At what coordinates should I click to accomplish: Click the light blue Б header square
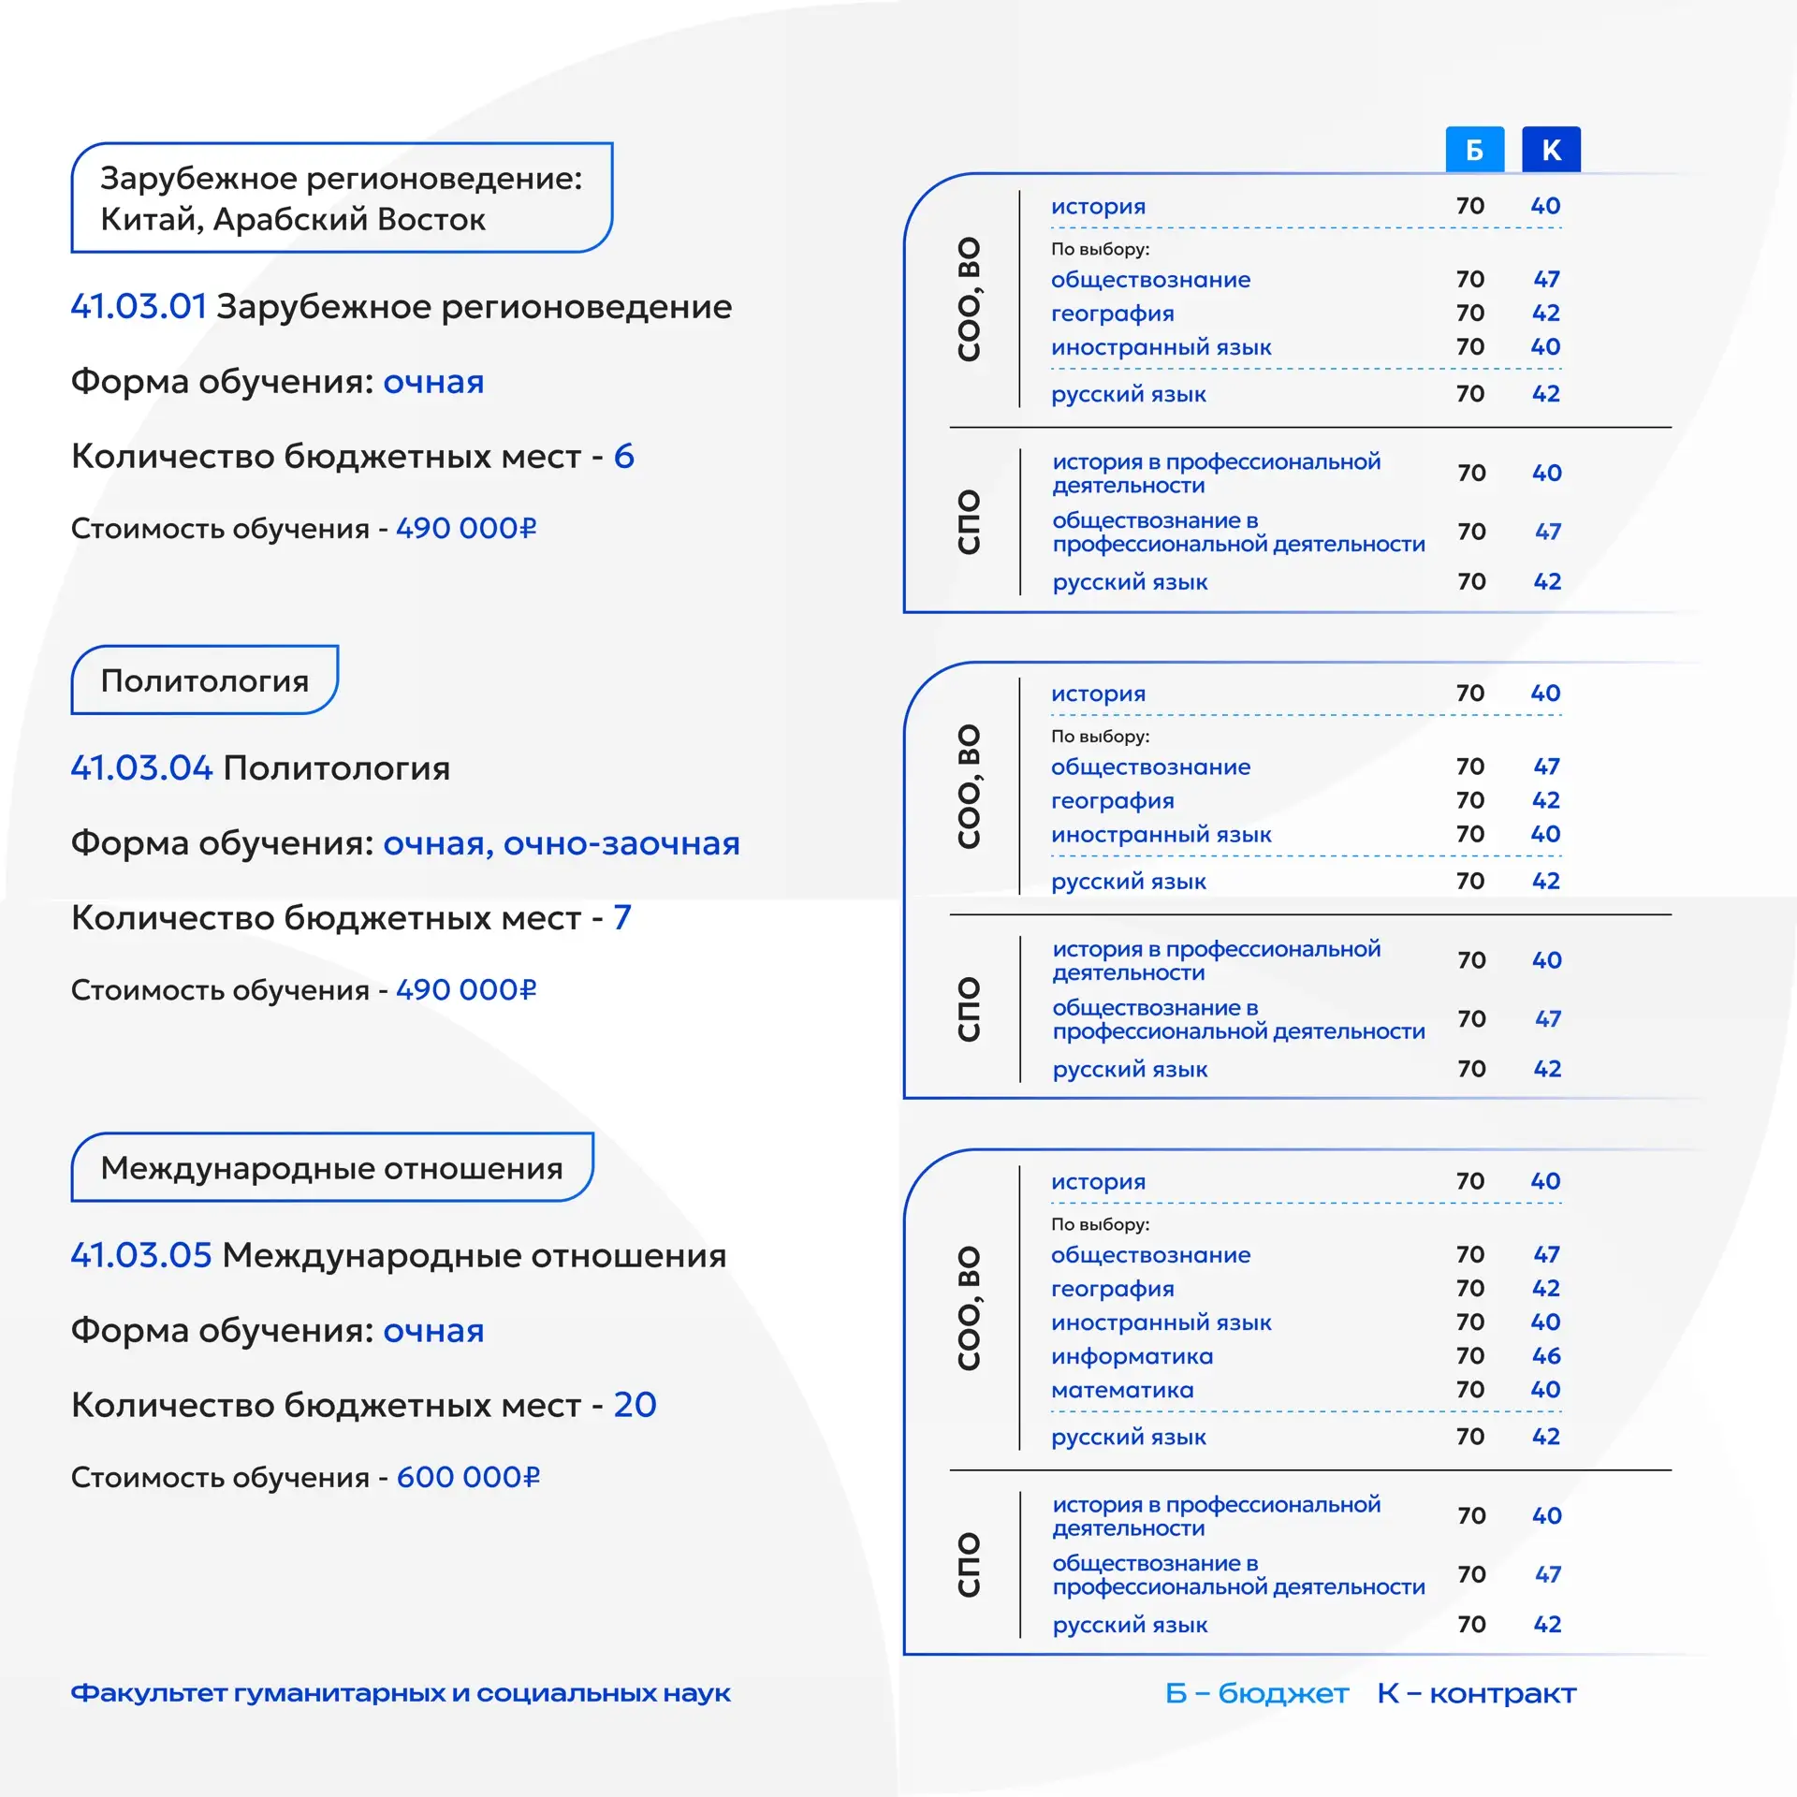[1474, 150]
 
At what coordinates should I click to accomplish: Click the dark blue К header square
[1551, 150]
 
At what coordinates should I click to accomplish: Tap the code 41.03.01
[139, 307]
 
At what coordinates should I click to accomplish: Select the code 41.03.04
[142, 768]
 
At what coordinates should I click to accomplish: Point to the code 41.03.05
[141, 1256]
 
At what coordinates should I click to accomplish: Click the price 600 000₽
[468, 1477]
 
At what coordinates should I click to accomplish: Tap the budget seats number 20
[635, 1405]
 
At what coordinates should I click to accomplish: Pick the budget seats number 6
[623, 457]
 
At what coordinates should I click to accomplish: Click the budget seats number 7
[622, 918]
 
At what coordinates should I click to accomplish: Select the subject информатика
[1132, 1356]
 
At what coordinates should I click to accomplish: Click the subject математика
[1122, 1390]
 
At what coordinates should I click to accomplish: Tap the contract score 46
[1546, 1356]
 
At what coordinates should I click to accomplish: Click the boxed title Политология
[204, 680]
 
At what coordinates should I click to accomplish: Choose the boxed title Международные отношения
[331, 1168]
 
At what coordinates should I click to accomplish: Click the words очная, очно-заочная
[562, 843]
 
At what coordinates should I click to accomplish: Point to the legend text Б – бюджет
[1256, 1693]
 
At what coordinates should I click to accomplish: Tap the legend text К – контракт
[1476, 1693]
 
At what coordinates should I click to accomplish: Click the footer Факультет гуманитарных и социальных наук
[401, 1693]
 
